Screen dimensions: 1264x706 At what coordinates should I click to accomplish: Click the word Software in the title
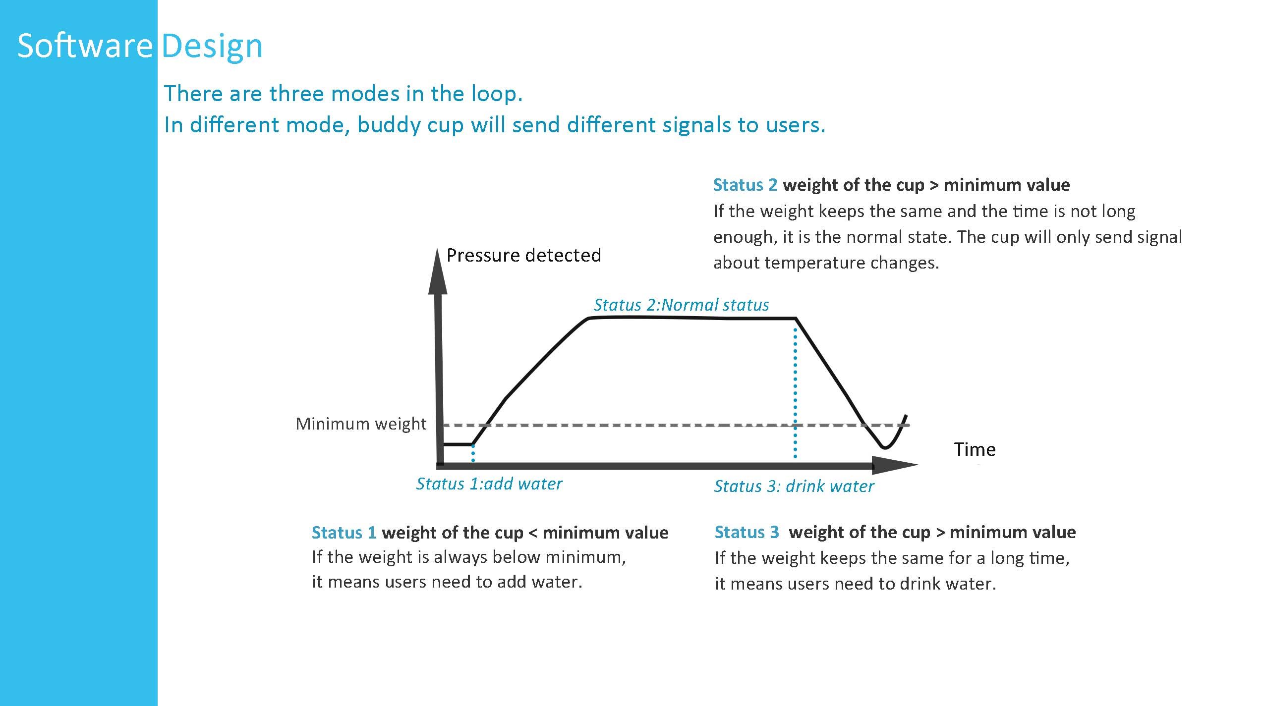click(85, 46)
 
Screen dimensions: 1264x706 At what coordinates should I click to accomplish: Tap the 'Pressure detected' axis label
click(523, 255)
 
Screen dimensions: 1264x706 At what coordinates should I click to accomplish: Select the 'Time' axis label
click(975, 449)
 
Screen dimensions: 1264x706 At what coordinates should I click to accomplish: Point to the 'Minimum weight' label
click(361, 424)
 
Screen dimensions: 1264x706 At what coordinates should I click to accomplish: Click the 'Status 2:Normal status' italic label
click(682, 305)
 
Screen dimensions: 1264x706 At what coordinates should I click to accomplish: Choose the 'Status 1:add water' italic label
click(489, 484)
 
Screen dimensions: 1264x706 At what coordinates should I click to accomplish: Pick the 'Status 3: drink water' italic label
click(794, 486)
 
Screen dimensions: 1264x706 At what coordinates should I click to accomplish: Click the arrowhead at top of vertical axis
click(438, 271)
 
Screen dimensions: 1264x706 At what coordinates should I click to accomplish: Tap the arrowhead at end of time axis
click(895, 465)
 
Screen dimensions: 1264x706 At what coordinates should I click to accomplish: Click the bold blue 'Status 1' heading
click(344, 533)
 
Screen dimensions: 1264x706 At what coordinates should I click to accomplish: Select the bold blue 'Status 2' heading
click(746, 185)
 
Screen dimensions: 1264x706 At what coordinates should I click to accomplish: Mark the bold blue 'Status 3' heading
click(747, 532)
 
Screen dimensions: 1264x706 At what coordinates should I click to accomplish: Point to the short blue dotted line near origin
click(473, 453)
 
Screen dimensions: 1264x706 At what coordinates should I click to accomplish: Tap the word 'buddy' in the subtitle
click(388, 124)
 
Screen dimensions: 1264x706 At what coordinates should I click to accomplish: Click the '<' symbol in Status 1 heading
click(533, 533)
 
